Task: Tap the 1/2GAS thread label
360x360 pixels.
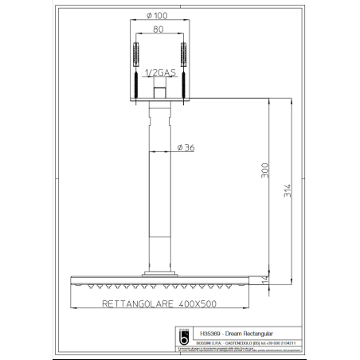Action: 162,73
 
